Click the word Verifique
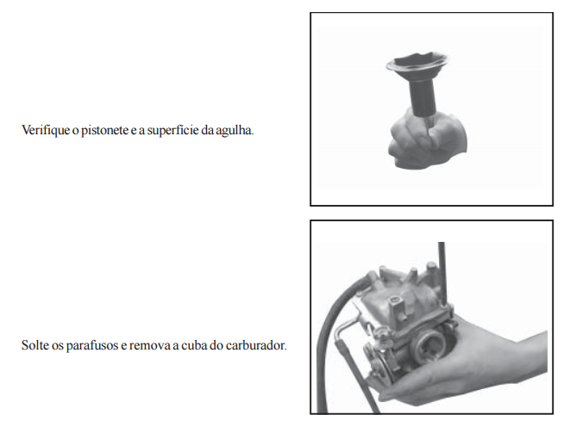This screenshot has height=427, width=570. click(x=46, y=130)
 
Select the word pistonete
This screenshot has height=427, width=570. click(x=104, y=130)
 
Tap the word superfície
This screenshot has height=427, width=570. click(x=172, y=130)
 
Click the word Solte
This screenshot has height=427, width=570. click(x=34, y=345)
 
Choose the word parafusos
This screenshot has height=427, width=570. click(x=92, y=345)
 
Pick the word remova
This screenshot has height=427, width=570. click(x=149, y=345)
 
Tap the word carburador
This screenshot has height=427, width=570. click(x=256, y=345)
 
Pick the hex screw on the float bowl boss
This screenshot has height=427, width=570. click(x=396, y=300)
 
